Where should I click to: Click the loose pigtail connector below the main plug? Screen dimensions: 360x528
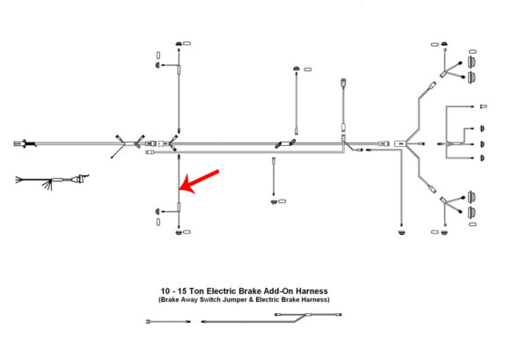[82, 180]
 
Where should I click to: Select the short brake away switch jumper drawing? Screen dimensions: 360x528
[168, 321]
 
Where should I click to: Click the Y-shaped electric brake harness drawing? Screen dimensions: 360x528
[264, 320]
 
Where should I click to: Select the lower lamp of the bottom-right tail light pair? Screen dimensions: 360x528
[473, 211]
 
